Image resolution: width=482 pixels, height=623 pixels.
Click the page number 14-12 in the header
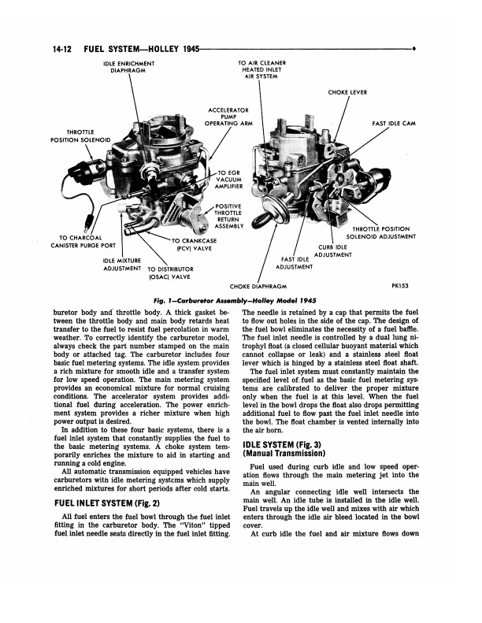pyautogui.click(x=62, y=49)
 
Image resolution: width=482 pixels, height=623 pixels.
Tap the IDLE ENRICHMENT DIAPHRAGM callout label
pyautogui.click(x=128, y=67)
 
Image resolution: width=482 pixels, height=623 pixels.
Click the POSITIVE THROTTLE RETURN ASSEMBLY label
pyautogui.click(x=231, y=217)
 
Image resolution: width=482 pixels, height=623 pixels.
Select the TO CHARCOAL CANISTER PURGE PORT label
pyautogui.click(x=80, y=242)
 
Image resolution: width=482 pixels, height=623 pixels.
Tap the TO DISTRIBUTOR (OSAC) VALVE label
pyautogui.click(x=169, y=273)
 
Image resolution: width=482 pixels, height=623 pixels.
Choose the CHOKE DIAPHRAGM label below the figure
pyautogui.click(x=258, y=287)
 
